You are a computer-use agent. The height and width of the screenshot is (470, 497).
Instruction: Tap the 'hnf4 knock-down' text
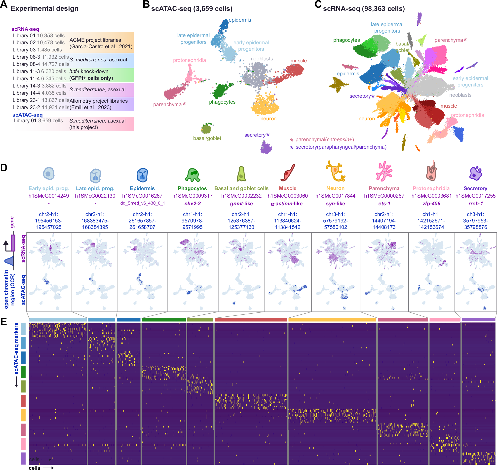click(89, 71)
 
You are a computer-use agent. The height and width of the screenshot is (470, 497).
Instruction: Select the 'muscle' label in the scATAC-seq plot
click(299, 61)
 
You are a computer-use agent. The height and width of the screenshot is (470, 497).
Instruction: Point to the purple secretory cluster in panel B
click(266, 147)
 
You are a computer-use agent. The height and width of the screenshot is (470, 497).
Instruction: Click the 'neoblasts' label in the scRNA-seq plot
click(460, 95)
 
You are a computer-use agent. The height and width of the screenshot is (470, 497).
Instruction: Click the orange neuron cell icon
click(335, 171)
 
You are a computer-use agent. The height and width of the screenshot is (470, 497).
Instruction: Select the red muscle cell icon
click(288, 173)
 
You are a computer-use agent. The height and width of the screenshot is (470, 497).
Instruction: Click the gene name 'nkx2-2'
click(192, 203)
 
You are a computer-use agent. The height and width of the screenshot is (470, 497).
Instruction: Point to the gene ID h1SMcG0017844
click(335, 196)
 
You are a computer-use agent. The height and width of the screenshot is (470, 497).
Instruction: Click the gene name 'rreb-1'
click(475, 203)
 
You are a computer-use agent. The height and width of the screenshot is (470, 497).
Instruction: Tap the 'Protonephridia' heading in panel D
click(431, 188)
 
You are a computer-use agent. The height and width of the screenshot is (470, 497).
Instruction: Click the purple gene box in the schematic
click(13, 243)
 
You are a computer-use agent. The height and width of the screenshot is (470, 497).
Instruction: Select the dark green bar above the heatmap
click(163, 320)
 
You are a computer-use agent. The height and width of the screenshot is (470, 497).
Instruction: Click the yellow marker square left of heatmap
click(23, 415)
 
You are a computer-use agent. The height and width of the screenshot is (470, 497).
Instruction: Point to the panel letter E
click(4, 322)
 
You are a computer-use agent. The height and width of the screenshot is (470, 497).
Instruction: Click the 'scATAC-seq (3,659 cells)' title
click(191, 9)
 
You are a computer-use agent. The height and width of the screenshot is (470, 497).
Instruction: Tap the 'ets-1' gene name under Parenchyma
click(384, 203)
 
